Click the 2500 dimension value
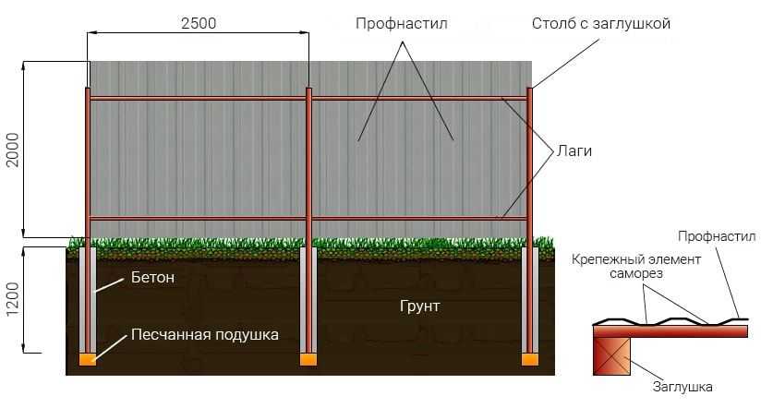tap(199, 23)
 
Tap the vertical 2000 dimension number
tap(12, 150)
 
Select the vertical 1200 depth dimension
tap(12, 299)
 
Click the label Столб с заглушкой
tap(601, 23)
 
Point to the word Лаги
tap(574, 150)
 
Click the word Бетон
tap(152, 277)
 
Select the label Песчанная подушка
tap(205, 335)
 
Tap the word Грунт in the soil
tap(419, 306)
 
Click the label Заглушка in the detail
tap(682, 387)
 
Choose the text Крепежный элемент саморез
tap(636, 266)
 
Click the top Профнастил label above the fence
tap(402, 23)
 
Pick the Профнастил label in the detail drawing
tap(717, 236)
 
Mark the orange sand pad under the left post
tap(88, 359)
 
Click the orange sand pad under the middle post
tap(308, 359)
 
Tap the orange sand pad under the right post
tap(530, 359)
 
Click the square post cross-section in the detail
tap(611, 356)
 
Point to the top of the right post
tap(530, 89)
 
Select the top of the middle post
tap(308, 89)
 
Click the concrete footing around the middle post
tap(308, 300)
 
